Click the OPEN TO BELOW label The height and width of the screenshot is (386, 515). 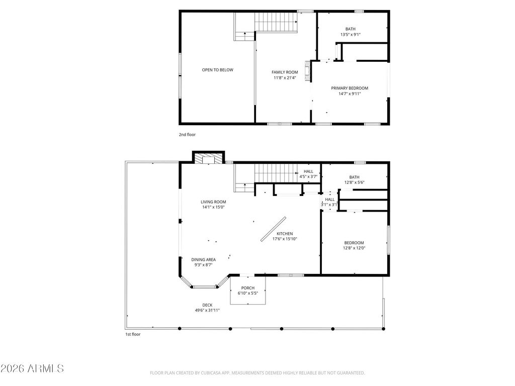pyautogui.click(x=217, y=70)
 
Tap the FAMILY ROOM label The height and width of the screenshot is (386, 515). pyautogui.click(x=285, y=72)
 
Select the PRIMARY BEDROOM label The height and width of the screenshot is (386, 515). pyautogui.click(x=350, y=88)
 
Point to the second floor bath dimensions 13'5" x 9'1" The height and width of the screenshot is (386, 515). pyautogui.click(x=351, y=35)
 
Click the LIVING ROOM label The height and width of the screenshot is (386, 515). pyautogui.click(x=213, y=202)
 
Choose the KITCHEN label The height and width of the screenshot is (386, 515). pyautogui.click(x=285, y=234)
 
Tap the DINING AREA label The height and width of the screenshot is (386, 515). pyautogui.click(x=204, y=260)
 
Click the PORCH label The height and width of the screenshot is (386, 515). pyautogui.click(x=248, y=288)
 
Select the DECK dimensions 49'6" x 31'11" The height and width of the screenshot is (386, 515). pyautogui.click(x=207, y=310)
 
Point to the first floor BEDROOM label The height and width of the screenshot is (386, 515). pyautogui.click(x=354, y=243)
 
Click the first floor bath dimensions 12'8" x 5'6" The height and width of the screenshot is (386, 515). pyautogui.click(x=355, y=182)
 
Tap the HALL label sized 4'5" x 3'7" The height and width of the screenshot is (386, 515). pyautogui.click(x=308, y=171)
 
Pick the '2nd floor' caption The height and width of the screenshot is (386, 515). pyautogui.click(x=187, y=135)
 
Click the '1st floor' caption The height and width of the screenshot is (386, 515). pyautogui.click(x=133, y=334)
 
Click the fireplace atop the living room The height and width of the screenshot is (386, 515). pyautogui.click(x=208, y=157)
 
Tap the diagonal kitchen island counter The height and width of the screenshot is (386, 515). pyautogui.click(x=273, y=229)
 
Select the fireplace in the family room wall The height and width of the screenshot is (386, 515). pyautogui.click(x=307, y=71)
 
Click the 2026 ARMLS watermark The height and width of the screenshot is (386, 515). pyautogui.click(x=32, y=368)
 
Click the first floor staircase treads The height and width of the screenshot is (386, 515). pyautogui.click(x=276, y=173)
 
